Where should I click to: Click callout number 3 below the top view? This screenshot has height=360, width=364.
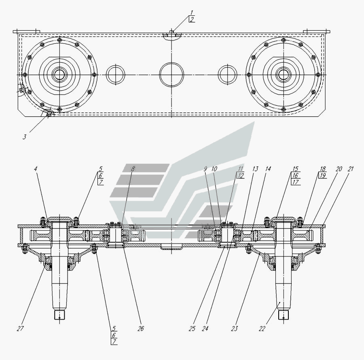[x=24, y=137]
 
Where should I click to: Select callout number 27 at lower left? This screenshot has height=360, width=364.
[x=20, y=328]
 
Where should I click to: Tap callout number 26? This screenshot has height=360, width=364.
[x=141, y=328]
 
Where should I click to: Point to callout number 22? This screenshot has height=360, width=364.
[x=262, y=328]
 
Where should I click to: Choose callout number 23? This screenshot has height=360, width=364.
[x=235, y=328]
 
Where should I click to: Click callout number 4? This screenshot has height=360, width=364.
[x=36, y=169]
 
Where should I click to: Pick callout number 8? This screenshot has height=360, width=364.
[x=133, y=169]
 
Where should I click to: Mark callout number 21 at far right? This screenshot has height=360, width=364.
[x=350, y=169]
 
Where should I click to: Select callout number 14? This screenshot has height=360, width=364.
[x=268, y=169]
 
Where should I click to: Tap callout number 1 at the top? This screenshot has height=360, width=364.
[x=192, y=13]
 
